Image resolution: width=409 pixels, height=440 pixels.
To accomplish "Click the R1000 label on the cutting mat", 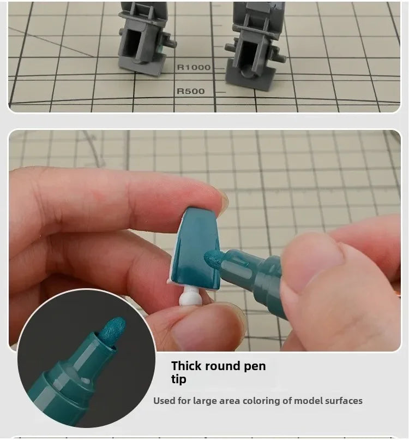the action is (x=194, y=67).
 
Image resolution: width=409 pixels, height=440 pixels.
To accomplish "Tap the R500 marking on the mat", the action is (x=191, y=91).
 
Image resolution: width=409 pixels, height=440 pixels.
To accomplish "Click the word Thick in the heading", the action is (x=185, y=366).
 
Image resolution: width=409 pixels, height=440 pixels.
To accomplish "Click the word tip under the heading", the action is (x=178, y=379).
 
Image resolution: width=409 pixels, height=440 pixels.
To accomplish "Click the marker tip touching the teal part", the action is (x=213, y=259).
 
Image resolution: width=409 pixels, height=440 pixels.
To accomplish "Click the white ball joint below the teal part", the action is (x=191, y=298).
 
